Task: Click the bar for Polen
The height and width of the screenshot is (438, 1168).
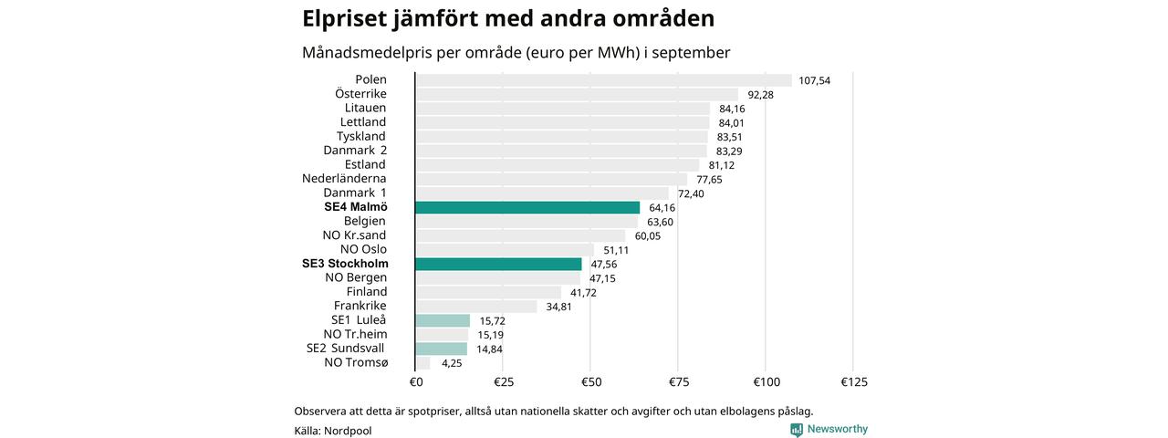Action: [603, 80]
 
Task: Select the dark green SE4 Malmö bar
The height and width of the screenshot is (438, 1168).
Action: [527, 207]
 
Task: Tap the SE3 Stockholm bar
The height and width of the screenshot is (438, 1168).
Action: [498, 264]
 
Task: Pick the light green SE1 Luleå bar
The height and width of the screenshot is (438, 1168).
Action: [443, 320]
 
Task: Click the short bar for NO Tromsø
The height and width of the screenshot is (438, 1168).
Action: [422, 363]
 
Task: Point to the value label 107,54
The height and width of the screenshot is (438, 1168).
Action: [814, 80]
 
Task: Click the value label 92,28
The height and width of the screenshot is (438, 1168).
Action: [760, 94]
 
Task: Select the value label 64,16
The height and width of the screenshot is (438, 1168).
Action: [662, 207]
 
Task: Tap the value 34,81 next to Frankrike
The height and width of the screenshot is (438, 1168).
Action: [559, 307]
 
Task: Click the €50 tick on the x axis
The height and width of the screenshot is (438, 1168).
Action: [590, 381]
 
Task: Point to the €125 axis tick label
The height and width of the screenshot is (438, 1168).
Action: [852, 381]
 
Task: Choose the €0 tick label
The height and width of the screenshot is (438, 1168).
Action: [415, 381]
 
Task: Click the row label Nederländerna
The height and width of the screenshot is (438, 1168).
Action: [344, 179]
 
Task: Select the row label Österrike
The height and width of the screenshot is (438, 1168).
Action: [360, 94]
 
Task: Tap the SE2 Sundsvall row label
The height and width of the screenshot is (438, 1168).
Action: [345, 349]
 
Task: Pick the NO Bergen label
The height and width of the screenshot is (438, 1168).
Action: [356, 277]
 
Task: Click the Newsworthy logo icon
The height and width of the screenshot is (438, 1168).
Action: [797, 430]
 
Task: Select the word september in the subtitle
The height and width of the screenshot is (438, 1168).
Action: [693, 53]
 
